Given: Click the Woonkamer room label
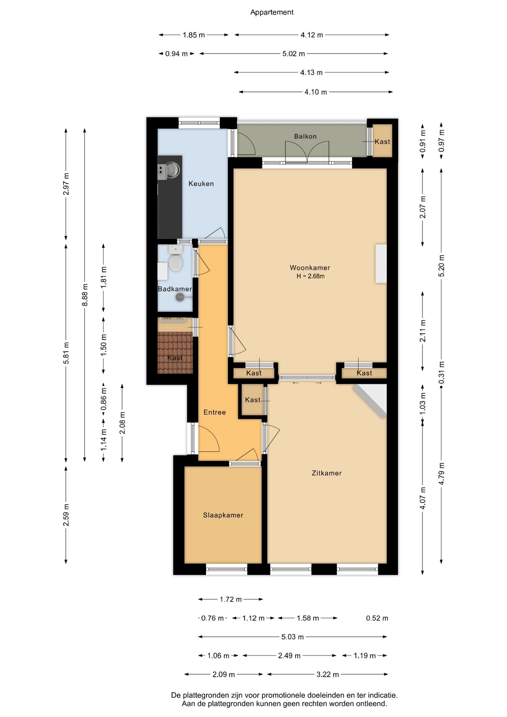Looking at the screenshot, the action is click(x=310, y=268).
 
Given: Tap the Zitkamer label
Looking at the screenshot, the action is click(x=327, y=473).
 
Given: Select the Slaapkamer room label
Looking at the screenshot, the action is click(x=223, y=515).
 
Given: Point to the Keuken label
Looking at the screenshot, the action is click(x=201, y=184).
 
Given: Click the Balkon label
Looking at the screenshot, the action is click(x=305, y=136).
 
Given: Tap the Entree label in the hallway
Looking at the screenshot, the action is click(x=215, y=412).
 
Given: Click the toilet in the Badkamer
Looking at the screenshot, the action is click(x=175, y=259).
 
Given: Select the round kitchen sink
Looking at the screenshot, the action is click(x=173, y=170).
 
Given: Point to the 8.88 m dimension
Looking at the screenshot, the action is click(x=85, y=295).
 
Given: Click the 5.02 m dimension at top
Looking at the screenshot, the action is click(x=293, y=54).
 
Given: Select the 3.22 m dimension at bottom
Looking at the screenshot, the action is click(x=328, y=674).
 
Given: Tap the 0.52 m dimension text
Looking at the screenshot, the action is click(x=377, y=618).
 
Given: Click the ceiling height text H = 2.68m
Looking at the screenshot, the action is click(x=311, y=276).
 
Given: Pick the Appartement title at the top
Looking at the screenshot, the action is click(x=272, y=12).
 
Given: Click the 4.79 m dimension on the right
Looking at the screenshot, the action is click(x=441, y=474).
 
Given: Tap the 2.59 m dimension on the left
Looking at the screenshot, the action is click(x=66, y=515).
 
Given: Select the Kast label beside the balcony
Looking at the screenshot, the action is click(x=382, y=142).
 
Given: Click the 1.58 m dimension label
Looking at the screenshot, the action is click(x=308, y=618).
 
